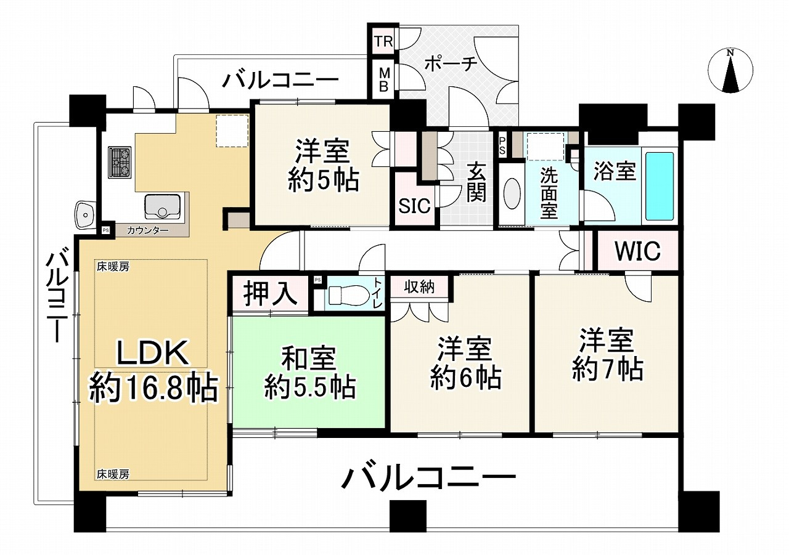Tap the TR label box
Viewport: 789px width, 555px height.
pyautogui.click(x=383, y=41)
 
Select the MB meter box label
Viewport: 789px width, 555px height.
pyautogui.click(x=384, y=79)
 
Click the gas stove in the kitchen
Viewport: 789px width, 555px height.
pyautogui.click(x=120, y=162)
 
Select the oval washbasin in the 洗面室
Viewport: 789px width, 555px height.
pyautogui.click(x=512, y=193)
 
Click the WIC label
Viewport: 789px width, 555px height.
pyautogui.click(x=637, y=251)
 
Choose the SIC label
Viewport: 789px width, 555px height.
pyautogui.click(x=415, y=205)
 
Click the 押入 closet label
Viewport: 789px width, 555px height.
pyautogui.click(x=271, y=293)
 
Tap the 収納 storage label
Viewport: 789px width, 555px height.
pyautogui.click(x=419, y=288)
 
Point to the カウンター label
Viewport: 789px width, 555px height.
pyautogui.click(x=147, y=230)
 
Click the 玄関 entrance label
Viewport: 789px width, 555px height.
pyautogui.click(x=476, y=182)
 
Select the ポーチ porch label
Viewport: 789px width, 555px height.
pyautogui.click(x=451, y=65)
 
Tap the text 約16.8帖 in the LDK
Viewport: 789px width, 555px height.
pyautogui.click(x=153, y=389)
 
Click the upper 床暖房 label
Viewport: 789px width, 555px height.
pyautogui.click(x=113, y=267)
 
